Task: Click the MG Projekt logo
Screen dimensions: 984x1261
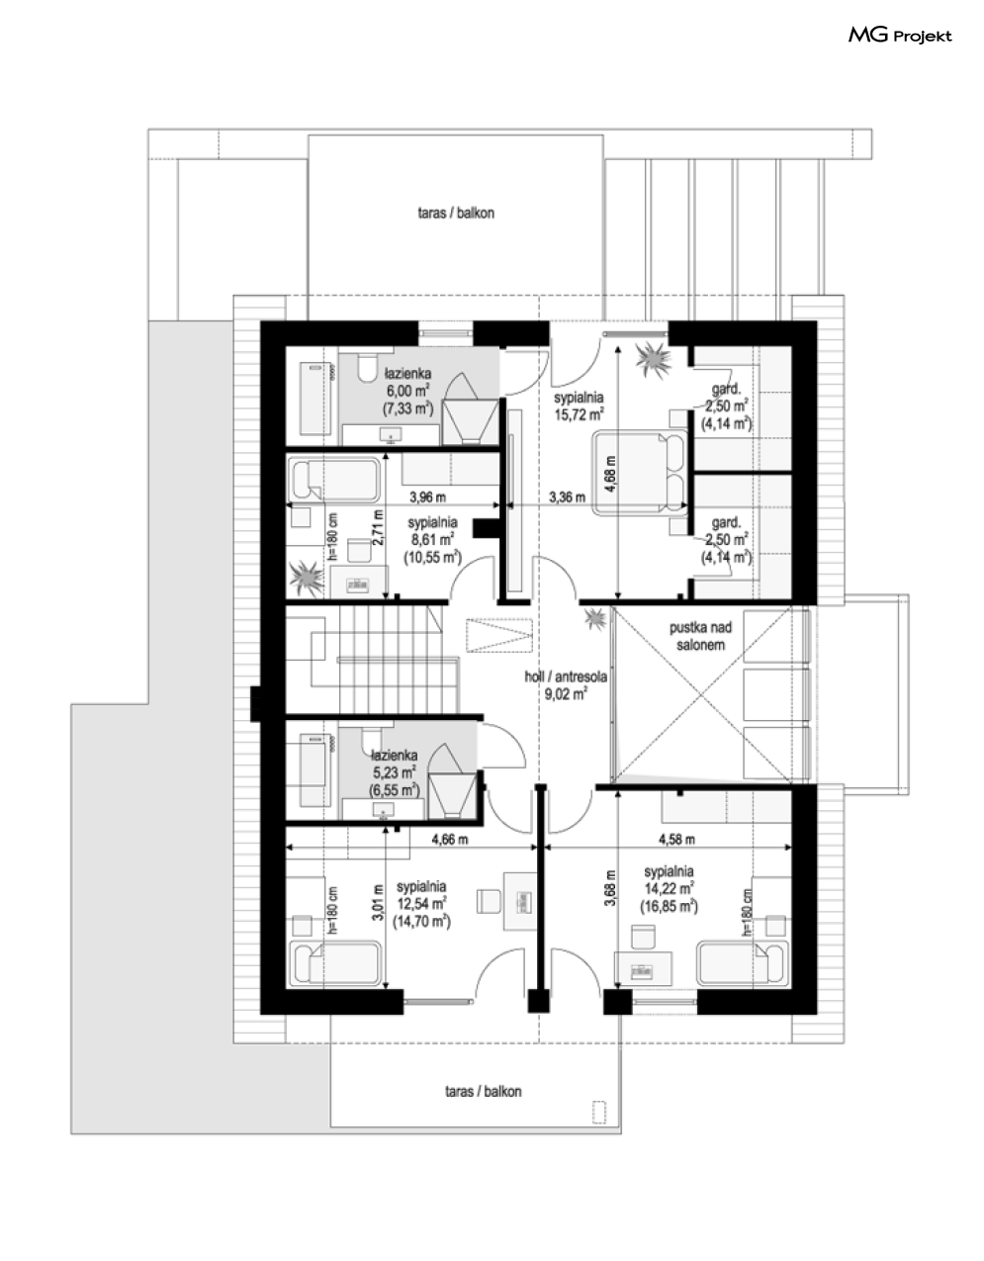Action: point(900,36)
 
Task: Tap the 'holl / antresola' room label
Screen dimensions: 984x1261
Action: point(566,676)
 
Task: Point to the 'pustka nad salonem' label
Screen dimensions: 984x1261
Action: point(700,636)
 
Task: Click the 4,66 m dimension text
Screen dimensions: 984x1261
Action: point(450,839)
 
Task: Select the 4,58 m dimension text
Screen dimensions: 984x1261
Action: point(676,839)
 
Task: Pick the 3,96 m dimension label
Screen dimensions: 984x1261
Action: point(427,497)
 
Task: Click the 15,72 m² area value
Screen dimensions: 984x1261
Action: point(580,414)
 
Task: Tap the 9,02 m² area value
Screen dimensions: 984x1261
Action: point(566,693)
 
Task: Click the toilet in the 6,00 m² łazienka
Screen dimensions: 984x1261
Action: point(367,369)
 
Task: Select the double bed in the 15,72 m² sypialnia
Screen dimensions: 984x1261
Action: point(640,472)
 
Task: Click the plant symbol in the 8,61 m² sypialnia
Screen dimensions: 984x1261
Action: point(306,577)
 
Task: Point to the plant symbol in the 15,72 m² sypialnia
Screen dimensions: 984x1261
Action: point(654,360)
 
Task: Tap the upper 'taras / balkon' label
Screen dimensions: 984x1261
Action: point(456,213)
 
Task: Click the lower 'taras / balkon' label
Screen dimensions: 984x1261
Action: point(484,1092)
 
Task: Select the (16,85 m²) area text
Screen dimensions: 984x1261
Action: point(669,906)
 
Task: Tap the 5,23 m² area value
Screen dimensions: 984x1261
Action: point(394,772)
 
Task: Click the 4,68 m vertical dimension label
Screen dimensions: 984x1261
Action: point(610,474)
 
